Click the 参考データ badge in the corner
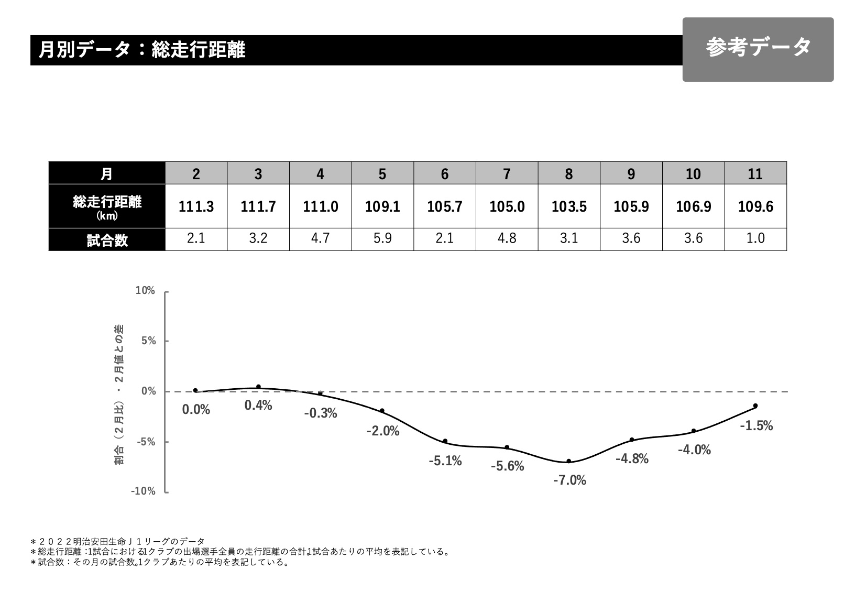tap(758, 49)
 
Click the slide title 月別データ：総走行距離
tap(142, 50)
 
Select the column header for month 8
tap(569, 173)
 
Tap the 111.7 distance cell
tap(258, 206)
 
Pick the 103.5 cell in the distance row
tap(569, 206)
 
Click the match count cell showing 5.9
tap(382, 239)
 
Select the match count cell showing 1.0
tap(755, 239)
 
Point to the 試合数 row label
tap(107, 240)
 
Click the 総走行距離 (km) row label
tap(107, 206)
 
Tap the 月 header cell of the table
tap(107, 173)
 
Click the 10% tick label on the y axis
tap(145, 291)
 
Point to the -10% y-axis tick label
tap(143, 491)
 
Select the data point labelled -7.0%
tap(569, 462)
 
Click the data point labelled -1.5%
tap(755, 406)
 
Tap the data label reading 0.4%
tap(258, 406)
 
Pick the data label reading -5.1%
tap(445, 461)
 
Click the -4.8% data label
tap(632, 459)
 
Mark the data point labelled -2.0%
tap(382, 411)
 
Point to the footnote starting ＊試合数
tap(160, 563)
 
